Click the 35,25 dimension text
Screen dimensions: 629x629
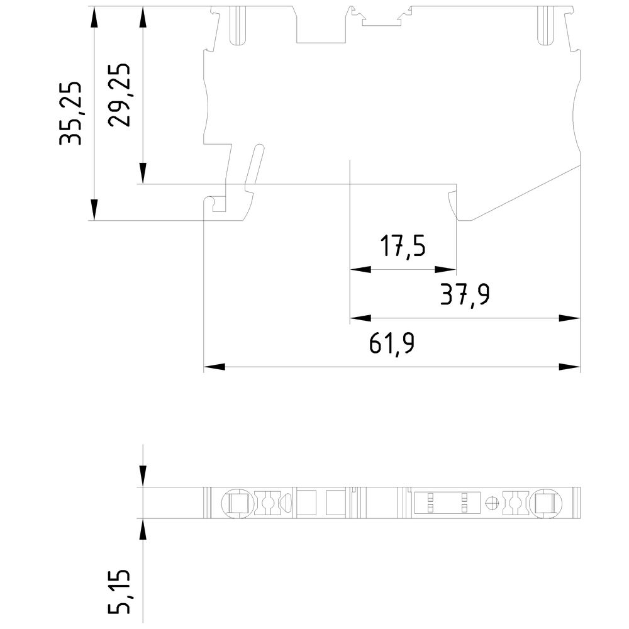(70, 113)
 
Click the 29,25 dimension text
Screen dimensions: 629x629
(119, 95)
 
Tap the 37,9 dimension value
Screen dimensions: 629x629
(465, 295)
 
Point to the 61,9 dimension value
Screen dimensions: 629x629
(391, 344)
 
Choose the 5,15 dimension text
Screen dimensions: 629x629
(119, 591)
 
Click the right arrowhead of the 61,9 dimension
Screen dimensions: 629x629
(570, 366)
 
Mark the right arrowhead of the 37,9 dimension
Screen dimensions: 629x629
(570, 318)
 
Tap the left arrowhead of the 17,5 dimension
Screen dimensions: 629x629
(360, 270)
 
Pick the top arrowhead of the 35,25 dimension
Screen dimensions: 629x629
(94, 18)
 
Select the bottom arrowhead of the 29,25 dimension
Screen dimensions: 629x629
(143, 174)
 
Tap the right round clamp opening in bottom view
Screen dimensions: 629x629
(545, 503)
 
